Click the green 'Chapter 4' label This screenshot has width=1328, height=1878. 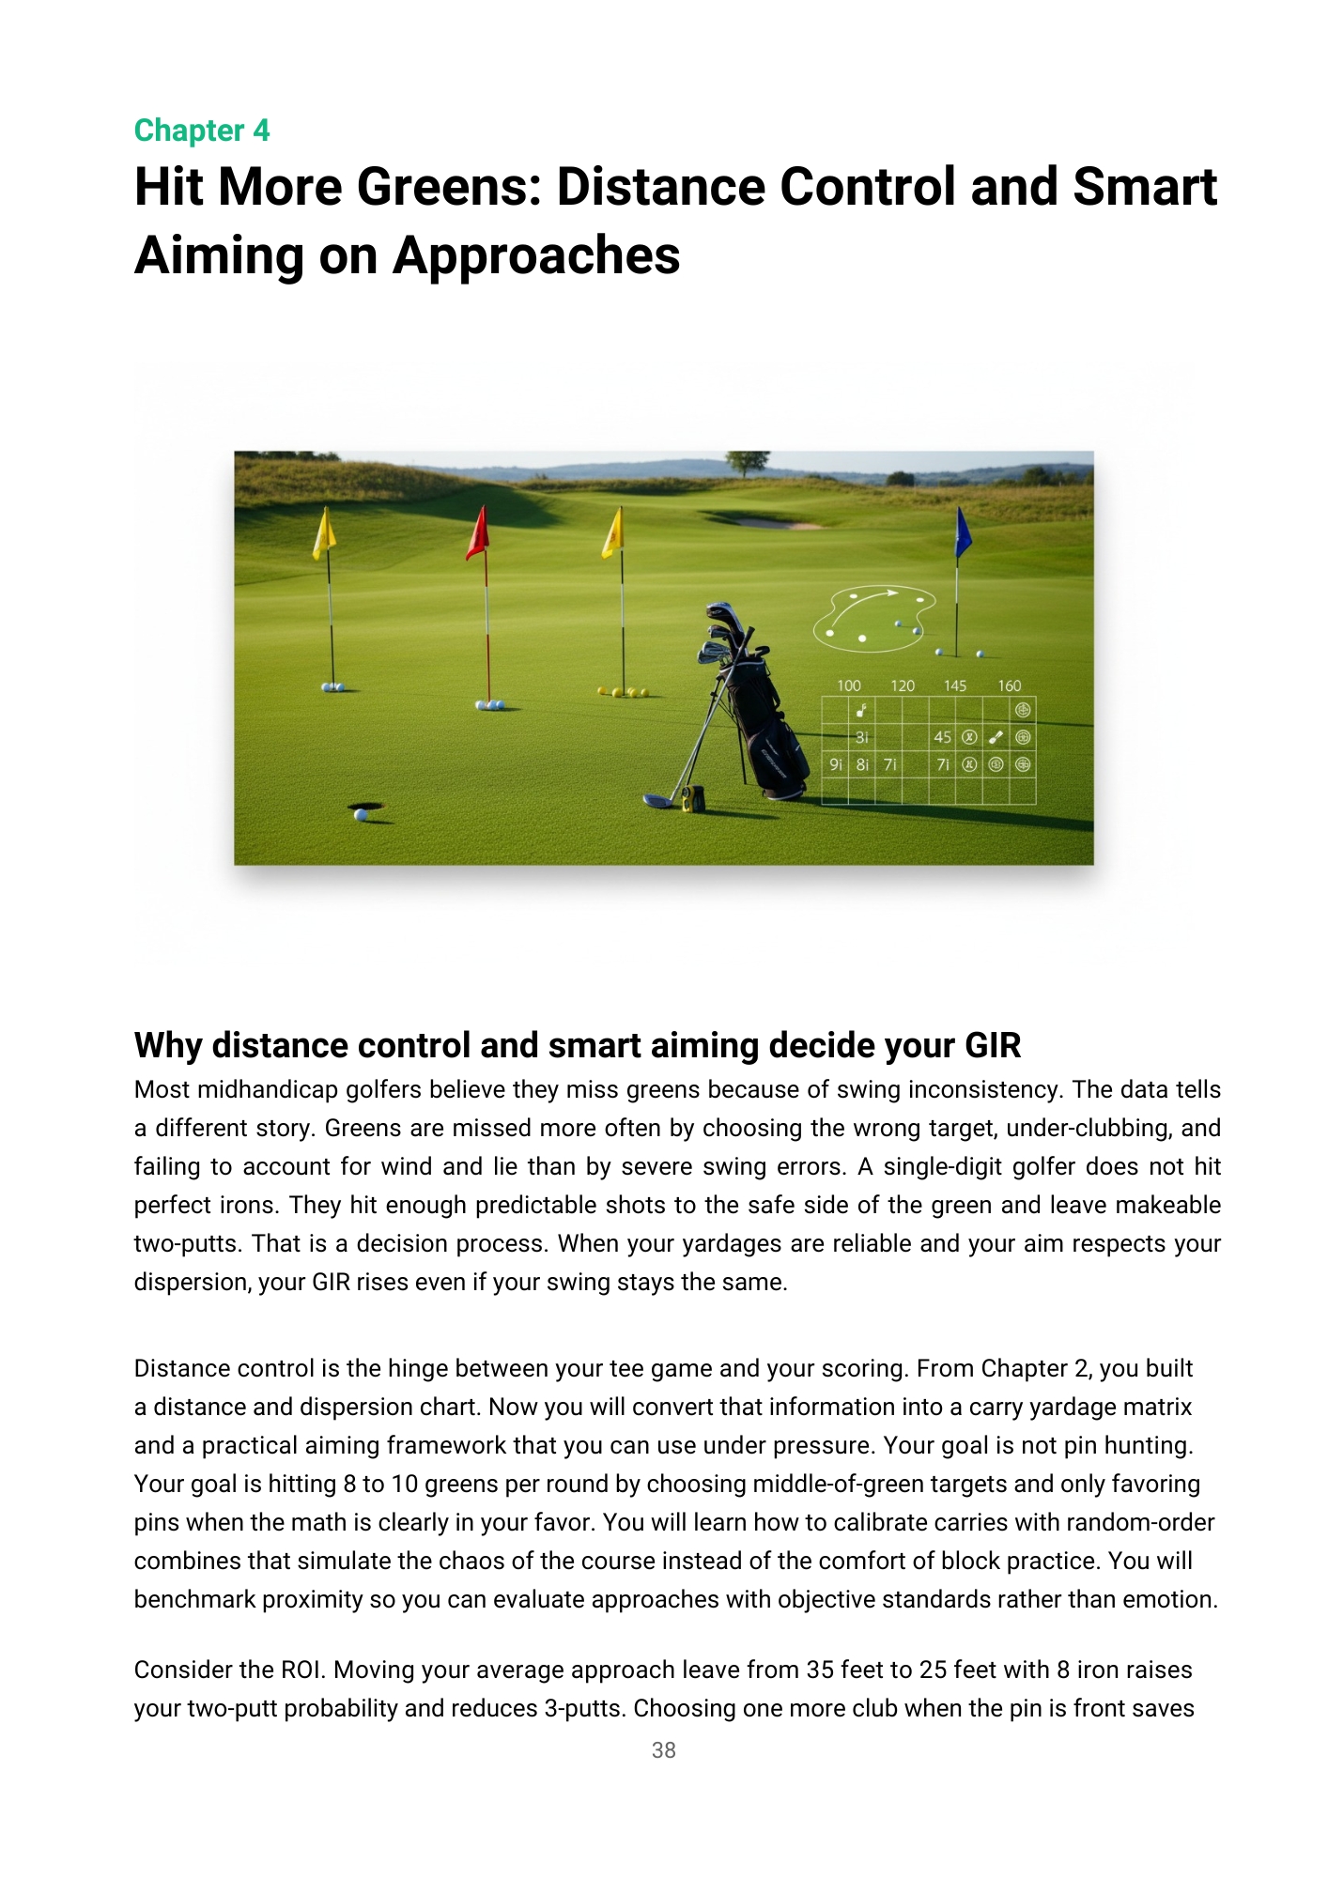coord(202,131)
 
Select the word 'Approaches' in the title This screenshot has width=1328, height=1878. coord(536,255)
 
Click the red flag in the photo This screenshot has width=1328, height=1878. coord(479,532)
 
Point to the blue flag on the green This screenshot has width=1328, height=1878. coord(962,531)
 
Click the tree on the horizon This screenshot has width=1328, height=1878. coord(748,462)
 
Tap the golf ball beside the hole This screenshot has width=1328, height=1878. coord(361,815)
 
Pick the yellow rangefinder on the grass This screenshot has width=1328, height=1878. coord(693,798)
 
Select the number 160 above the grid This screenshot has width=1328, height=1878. coord(1009,685)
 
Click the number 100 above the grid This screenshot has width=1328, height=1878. coord(848,685)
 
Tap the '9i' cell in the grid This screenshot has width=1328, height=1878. coord(835,764)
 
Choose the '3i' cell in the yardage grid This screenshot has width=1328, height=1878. coord(862,737)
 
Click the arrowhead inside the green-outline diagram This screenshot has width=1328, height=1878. coord(892,593)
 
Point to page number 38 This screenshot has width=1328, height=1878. coord(663,1749)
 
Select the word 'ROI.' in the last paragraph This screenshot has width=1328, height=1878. coord(303,1670)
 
